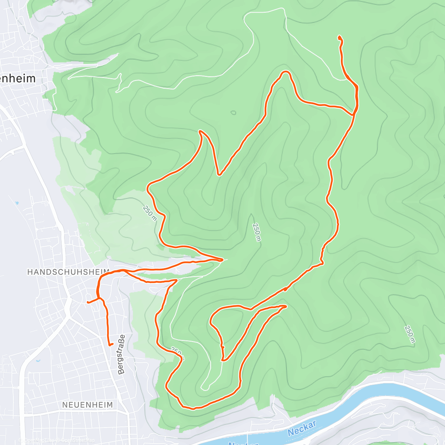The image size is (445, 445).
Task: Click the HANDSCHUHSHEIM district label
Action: point(68,272)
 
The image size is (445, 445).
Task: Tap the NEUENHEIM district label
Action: point(87,405)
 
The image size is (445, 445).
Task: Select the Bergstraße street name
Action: point(122,354)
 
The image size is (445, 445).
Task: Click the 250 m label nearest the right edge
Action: point(409,334)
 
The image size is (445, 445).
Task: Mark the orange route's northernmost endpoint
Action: point(339,37)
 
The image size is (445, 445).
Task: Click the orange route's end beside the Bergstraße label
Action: point(110,345)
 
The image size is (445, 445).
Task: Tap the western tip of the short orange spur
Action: point(88,302)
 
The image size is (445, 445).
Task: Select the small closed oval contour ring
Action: point(233,112)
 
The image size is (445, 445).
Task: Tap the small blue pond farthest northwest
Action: point(17,203)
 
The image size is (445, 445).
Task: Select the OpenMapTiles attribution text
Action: point(37,441)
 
